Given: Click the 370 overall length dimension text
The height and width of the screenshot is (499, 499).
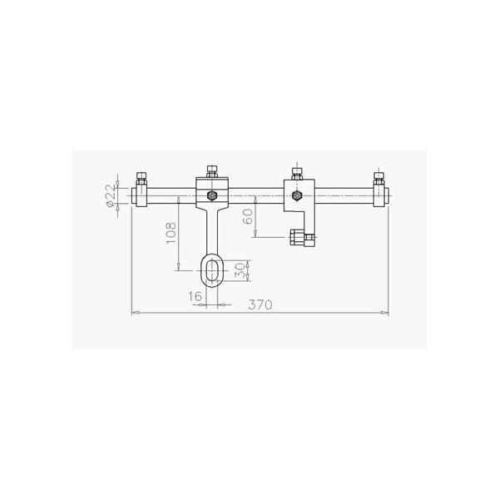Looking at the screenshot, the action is tap(260, 304).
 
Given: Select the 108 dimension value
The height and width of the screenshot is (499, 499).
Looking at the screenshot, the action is tap(170, 233).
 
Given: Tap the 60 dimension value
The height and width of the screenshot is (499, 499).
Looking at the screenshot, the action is tap(248, 216).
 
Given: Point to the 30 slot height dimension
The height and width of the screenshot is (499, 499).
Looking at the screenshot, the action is tap(241, 270).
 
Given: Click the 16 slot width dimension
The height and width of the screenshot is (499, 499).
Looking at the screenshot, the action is tap(195, 297).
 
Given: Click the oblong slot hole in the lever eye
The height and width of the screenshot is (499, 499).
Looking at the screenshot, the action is tap(212, 270).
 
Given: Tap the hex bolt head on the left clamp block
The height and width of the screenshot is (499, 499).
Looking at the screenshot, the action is tap(212, 195).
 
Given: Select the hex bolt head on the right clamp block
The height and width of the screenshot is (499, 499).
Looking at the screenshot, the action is tap(297, 195).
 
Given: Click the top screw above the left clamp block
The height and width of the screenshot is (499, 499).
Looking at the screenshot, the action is tap(212, 171).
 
